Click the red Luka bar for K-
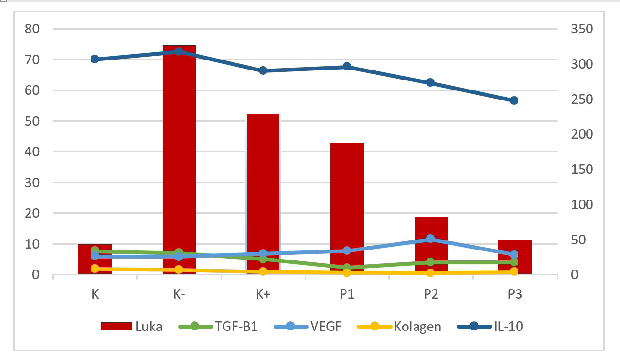[x=179, y=162]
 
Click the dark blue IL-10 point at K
[x=95, y=59]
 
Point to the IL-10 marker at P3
[x=514, y=100]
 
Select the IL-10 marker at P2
[x=430, y=82]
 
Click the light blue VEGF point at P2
[x=430, y=239]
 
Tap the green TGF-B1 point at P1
[x=347, y=268]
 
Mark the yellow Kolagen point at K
[x=95, y=269]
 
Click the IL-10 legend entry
[x=490, y=326]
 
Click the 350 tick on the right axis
[x=581, y=29]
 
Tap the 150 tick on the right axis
[x=581, y=170]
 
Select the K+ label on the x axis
[x=263, y=294]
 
